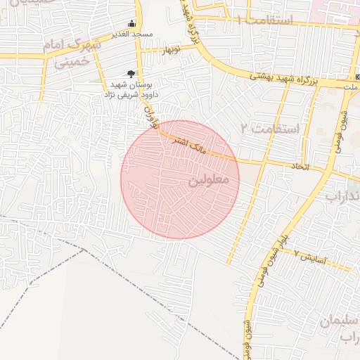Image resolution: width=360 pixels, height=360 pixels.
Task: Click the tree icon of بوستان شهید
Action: [x=131, y=73]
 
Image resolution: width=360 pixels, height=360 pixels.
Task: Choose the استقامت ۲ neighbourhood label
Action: [x=269, y=129]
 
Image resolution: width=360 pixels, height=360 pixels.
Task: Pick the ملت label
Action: [x=349, y=86]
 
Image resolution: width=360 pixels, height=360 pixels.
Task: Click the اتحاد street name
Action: [x=300, y=166]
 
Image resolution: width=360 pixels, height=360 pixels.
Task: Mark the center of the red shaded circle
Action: [x=180, y=179]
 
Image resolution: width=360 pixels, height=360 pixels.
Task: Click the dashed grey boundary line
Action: [x=42, y=281]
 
